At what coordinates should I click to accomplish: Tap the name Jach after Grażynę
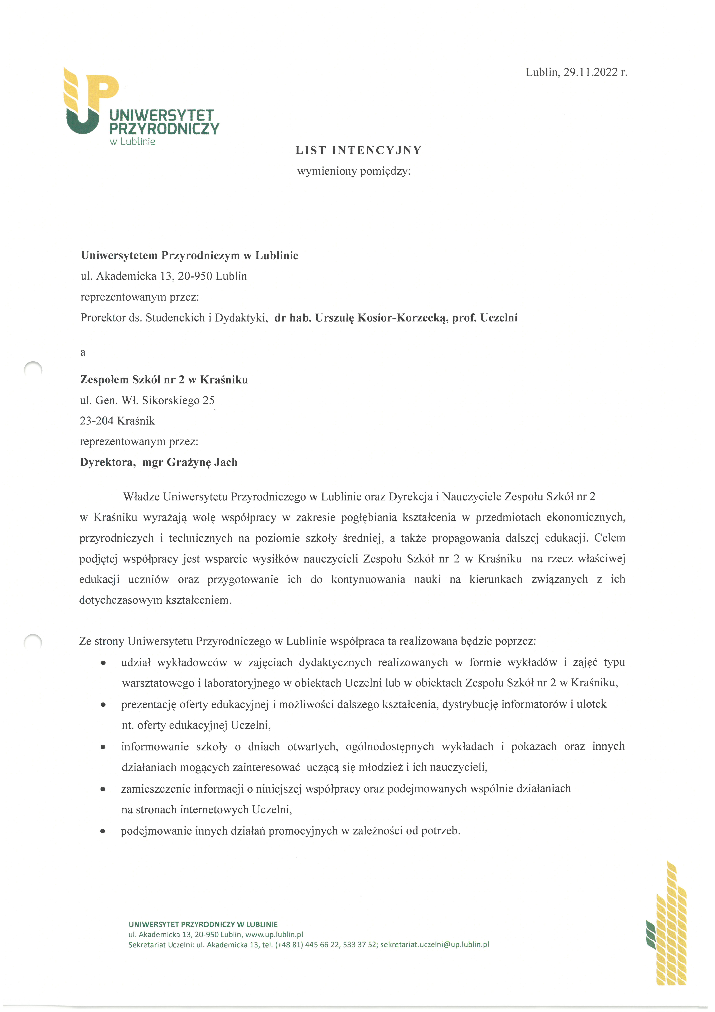226,462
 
